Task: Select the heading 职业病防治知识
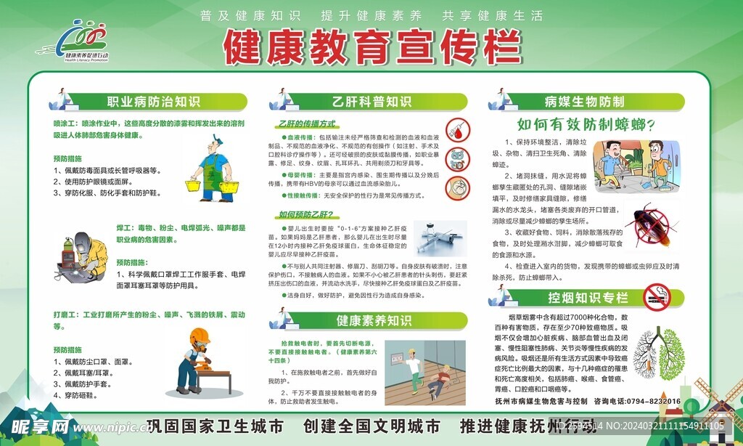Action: (153, 102)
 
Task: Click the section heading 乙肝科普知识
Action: (371, 102)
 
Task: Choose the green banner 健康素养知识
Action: (373, 320)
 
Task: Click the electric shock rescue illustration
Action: (425, 372)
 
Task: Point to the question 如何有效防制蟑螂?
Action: (586, 124)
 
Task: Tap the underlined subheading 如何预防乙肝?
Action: (305, 214)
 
